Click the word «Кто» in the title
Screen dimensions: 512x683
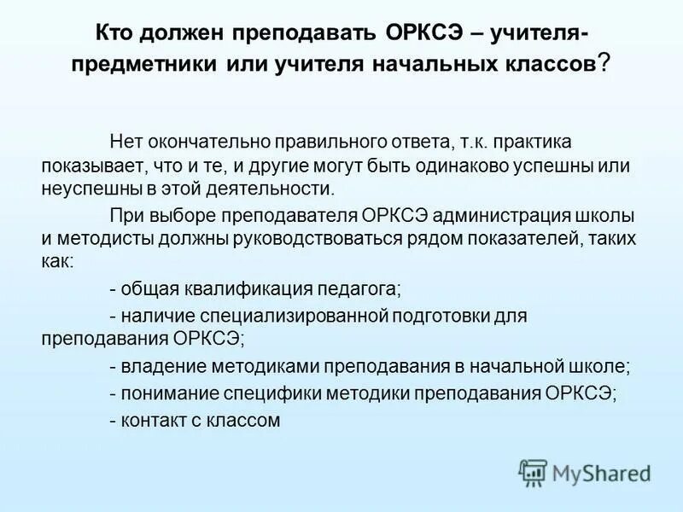point(114,33)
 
